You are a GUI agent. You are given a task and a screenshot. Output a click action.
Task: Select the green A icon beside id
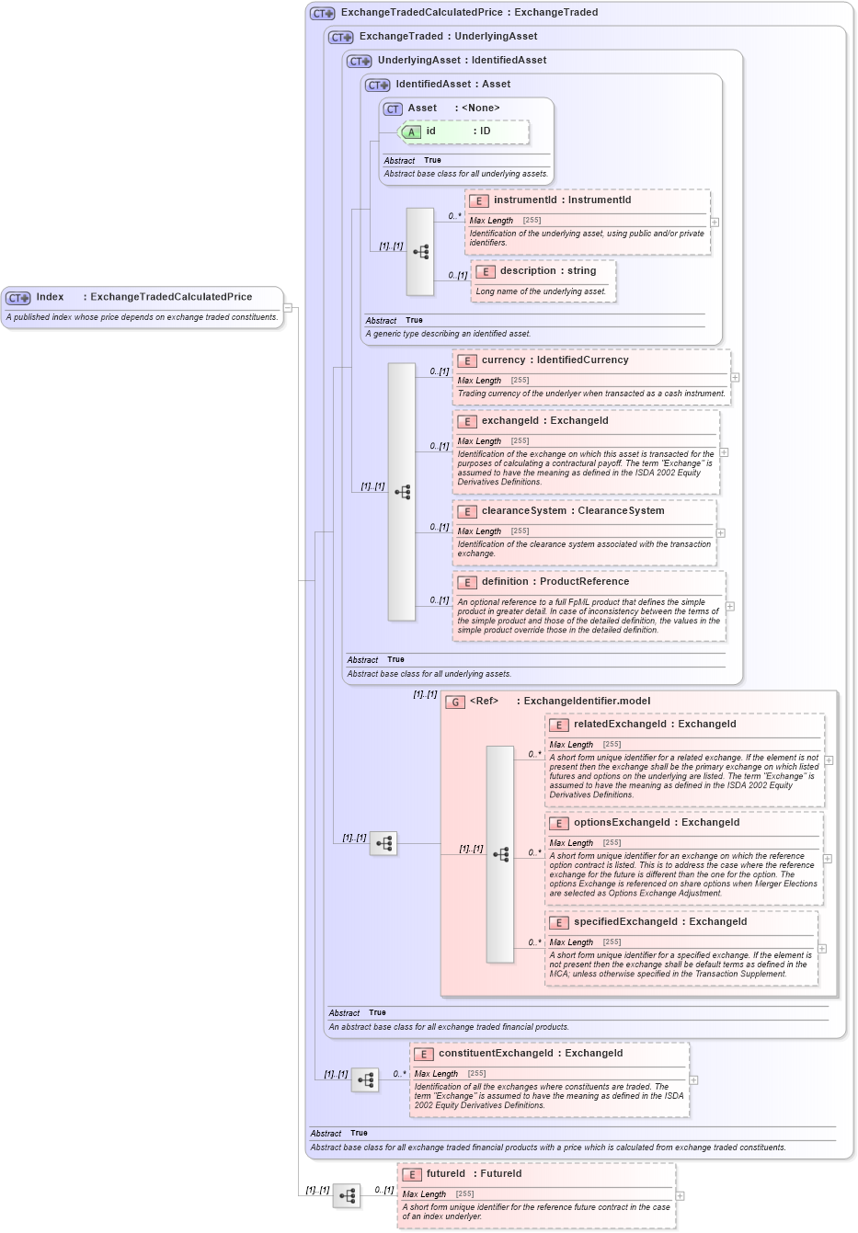411,131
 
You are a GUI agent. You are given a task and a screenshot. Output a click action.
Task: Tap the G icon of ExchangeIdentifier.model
454,702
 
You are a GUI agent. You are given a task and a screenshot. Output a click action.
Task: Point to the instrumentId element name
524,200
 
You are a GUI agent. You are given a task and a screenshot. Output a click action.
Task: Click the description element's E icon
485,271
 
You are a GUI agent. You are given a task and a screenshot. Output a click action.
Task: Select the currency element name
503,360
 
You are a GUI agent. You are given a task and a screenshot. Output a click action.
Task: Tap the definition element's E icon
466,582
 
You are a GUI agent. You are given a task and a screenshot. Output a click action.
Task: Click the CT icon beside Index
18,298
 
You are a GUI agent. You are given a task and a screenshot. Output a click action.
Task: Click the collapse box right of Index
288,307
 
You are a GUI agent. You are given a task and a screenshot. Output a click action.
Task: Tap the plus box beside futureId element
681,1196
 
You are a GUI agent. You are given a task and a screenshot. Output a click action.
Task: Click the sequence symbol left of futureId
347,1196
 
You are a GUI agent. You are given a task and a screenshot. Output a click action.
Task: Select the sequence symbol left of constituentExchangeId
365,1079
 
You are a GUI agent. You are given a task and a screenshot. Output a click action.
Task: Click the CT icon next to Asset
393,108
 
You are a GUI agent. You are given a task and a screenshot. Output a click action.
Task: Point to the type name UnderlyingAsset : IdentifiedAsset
462,61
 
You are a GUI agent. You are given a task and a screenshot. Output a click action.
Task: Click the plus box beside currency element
735,377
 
